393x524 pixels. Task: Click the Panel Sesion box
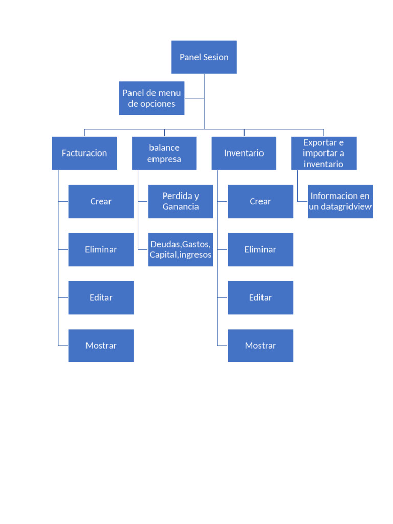(x=204, y=57)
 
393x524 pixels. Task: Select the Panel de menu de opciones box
(x=151, y=98)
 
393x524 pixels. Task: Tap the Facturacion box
(x=84, y=153)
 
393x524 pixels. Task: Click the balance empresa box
(x=164, y=153)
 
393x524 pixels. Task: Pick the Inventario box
(x=244, y=153)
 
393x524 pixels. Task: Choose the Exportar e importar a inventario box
(x=323, y=153)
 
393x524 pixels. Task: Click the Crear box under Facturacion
(x=101, y=201)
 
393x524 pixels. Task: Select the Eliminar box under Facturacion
(x=101, y=249)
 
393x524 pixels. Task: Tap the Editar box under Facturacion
(x=101, y=297)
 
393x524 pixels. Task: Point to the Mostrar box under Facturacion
(x=101, y=345)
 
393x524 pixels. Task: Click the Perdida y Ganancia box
(x=181, y=201)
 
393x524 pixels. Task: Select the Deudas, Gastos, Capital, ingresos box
(x=181, y=249)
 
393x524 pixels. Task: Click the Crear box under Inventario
(x=260, y=201)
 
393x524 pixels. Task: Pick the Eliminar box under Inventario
(x=260, y=249)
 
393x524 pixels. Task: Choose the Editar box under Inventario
(x=260, y=297)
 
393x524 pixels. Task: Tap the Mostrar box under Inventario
(x=260, y=345)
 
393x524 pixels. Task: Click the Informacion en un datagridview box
(x=340, y=201)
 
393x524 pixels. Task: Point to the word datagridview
(x=346, y=207)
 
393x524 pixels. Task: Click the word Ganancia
(x=181, y=207)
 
